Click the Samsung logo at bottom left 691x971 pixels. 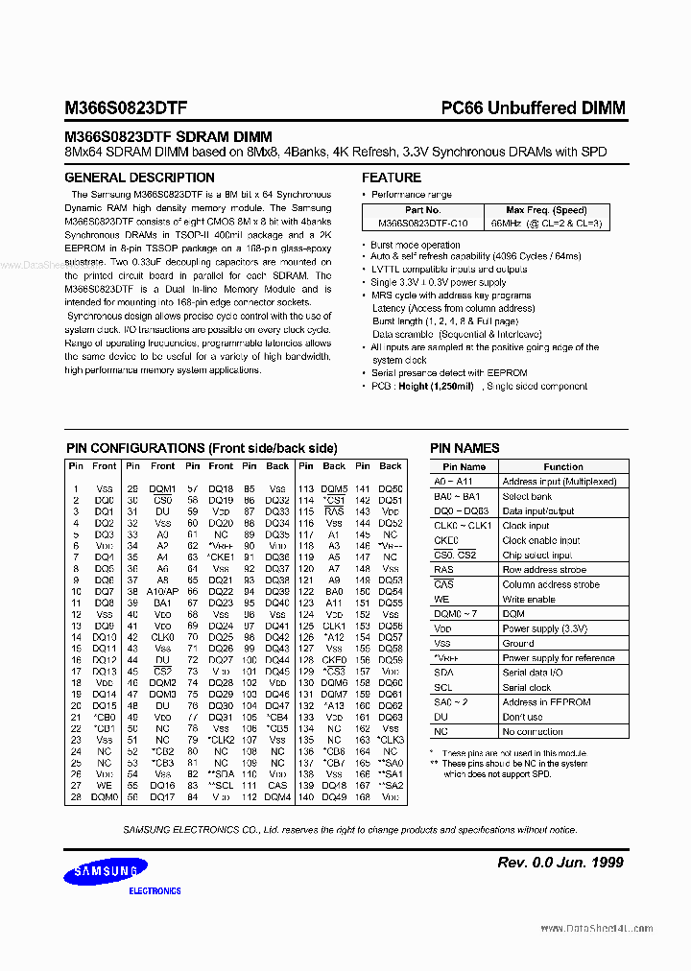107,872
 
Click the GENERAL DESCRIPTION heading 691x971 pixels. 139,178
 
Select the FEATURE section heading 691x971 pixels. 391,178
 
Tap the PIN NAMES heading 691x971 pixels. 465,448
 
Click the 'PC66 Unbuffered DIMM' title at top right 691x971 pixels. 533,108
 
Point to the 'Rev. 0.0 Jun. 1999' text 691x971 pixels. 560,863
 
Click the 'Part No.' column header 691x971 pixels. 422,210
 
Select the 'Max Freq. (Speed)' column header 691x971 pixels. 546,210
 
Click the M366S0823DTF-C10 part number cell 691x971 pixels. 422,223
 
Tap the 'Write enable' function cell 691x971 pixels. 529,599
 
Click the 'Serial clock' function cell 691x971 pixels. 527,688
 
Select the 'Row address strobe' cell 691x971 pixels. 545,570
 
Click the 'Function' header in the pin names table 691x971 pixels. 562,466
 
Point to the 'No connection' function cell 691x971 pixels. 533,732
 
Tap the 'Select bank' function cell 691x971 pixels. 527,496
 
